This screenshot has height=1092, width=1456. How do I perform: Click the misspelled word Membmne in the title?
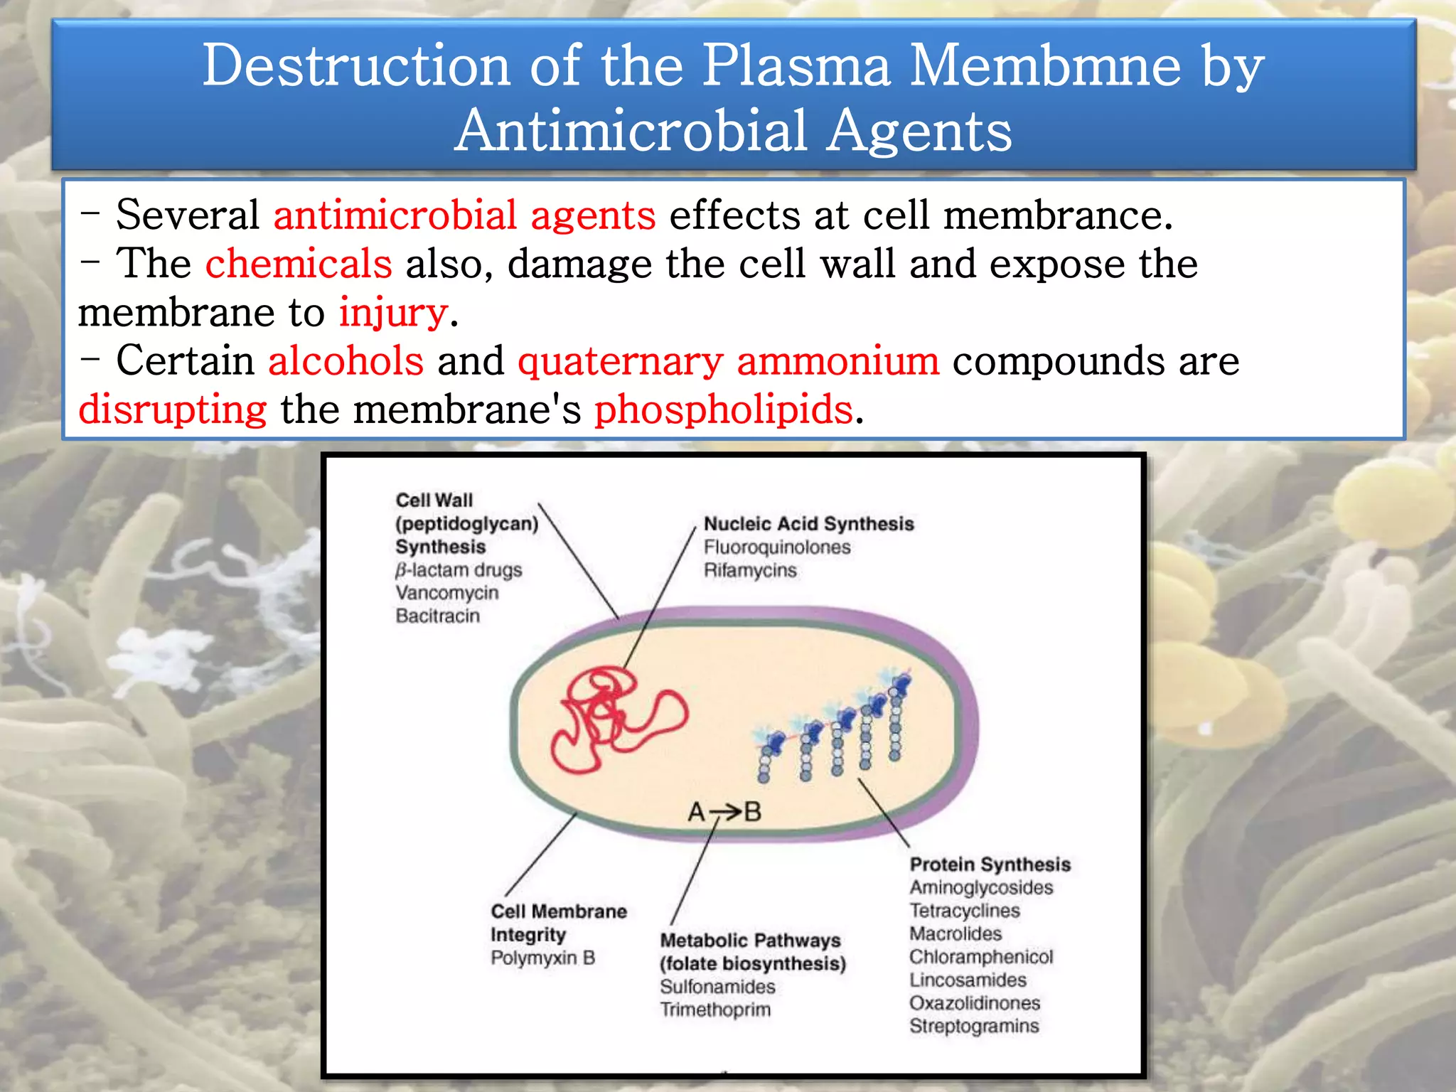click(x=1044, y=65)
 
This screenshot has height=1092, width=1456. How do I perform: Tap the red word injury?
click(x=393, y=313)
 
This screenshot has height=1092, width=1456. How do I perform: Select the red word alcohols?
click(x=346, y=360)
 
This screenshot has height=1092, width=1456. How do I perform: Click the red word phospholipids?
click(x=723, y=409)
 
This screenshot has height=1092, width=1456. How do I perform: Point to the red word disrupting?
click(x=173, y=410)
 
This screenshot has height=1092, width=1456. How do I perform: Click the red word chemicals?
click(x=299, y=264)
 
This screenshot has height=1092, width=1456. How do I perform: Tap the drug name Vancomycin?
click(x=446, y=593)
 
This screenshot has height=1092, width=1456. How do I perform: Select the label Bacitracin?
click(x=437, y=616)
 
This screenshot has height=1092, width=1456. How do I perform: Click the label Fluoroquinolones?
click(x=776, y=547)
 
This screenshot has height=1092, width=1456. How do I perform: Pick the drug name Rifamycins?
click(x=749, y=570)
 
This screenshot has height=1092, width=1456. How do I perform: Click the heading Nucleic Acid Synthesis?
click(x=808, y=524)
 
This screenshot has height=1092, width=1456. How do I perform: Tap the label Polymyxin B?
click(x=542, y=958)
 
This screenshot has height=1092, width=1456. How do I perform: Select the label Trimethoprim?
click(x=714, y=1010)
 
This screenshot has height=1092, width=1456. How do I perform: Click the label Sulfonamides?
click(x=717, y=987)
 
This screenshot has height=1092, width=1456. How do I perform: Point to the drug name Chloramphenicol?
click(x=980, y=957)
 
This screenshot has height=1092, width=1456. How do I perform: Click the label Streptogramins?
click(x=973, y=1026)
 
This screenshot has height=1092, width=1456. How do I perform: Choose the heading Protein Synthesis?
click(x=990, y=864)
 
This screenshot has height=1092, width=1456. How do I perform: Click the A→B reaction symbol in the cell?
click(x=724, y=811)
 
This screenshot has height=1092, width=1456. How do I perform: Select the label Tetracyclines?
click(x=964, y=911)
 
